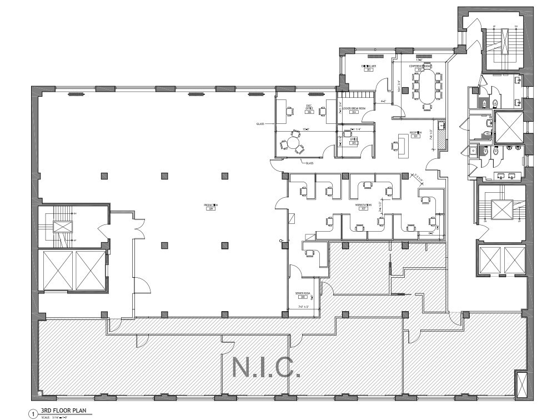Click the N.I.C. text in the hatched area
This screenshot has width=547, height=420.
(x=265, y=367)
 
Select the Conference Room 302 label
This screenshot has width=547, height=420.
(x=420, y=68)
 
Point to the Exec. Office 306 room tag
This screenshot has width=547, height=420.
(x=309, y=110)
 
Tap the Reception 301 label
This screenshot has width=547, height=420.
(x=416, y=133)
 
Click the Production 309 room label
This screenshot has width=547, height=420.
(x=210, y=207)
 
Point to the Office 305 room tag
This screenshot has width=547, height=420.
(x=353, y=141)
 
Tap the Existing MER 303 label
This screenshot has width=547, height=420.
(x=368, y=68)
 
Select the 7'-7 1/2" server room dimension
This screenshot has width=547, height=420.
(x=306, y=306)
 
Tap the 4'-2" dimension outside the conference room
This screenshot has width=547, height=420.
(x=383, y=102)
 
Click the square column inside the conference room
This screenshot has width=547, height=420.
(x=405, y=91)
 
